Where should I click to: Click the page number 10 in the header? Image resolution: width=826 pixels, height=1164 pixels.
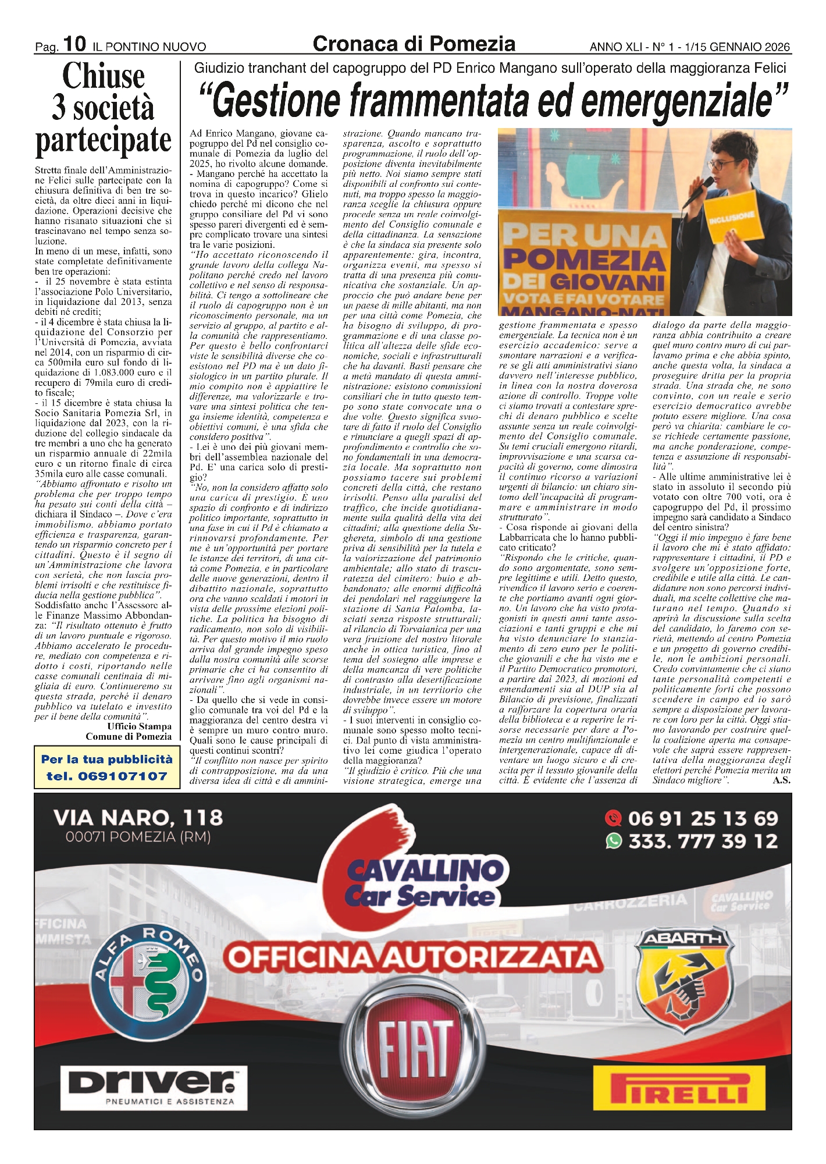coord(74,44)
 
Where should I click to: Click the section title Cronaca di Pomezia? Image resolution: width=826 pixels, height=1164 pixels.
coord(414,44)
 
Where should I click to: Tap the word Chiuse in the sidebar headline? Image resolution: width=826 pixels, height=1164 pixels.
coord(104,76)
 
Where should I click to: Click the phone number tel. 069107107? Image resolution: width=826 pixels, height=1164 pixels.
coord(106,776)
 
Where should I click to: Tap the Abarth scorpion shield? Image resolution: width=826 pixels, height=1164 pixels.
coord(681,982)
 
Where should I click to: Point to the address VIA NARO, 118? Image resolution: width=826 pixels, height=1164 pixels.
coord(138,818)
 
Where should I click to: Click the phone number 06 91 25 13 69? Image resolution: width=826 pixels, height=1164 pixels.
coord(703,819)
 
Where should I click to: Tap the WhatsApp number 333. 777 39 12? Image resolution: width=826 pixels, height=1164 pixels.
coord(703,841)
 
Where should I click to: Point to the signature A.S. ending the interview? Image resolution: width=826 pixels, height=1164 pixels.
coord(781,780)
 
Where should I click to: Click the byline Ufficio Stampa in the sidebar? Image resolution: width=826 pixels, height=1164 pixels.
coord(138,726)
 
